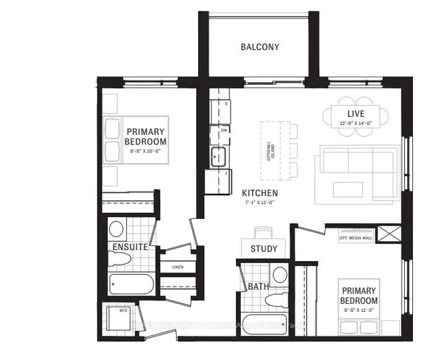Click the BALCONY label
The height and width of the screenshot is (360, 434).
pyautogui.click(x=260, y=47)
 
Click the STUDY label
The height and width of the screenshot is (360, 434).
pyautogui.click(x=263, y=249)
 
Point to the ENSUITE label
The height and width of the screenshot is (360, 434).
pyautogui.click(x=130, y=247)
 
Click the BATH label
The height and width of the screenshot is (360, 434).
pyautogui.click(x=258, y=287)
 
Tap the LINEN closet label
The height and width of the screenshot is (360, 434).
pyautogui.click(x=178, y=267)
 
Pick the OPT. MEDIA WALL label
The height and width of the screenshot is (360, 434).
pyautogui.click(x=355, y=237)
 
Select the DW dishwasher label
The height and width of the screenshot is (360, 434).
pyautogui.click(x=223, y=130)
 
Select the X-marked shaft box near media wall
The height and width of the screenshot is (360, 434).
pyautogui.click(x=391, y=236)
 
